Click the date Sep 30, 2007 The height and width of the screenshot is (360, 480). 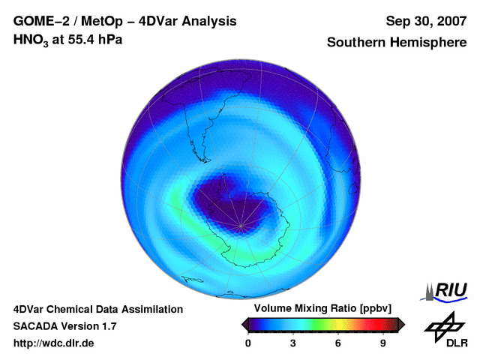tap(425, 21)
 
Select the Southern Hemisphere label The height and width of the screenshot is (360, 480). tap(397, 43)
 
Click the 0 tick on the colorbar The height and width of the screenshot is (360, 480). tap(248, 343)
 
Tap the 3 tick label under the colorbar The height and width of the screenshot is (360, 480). tap(293, 343)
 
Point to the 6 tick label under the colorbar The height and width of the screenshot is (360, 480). tap(338, 343)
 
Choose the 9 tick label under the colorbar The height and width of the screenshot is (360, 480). tap(382, 343)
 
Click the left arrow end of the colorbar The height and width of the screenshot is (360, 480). tap(245, 324)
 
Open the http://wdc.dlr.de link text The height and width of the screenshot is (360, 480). tap(54, 343)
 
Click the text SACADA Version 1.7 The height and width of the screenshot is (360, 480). tap(65, 326)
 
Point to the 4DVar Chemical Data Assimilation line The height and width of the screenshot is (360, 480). tap(97, 309)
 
